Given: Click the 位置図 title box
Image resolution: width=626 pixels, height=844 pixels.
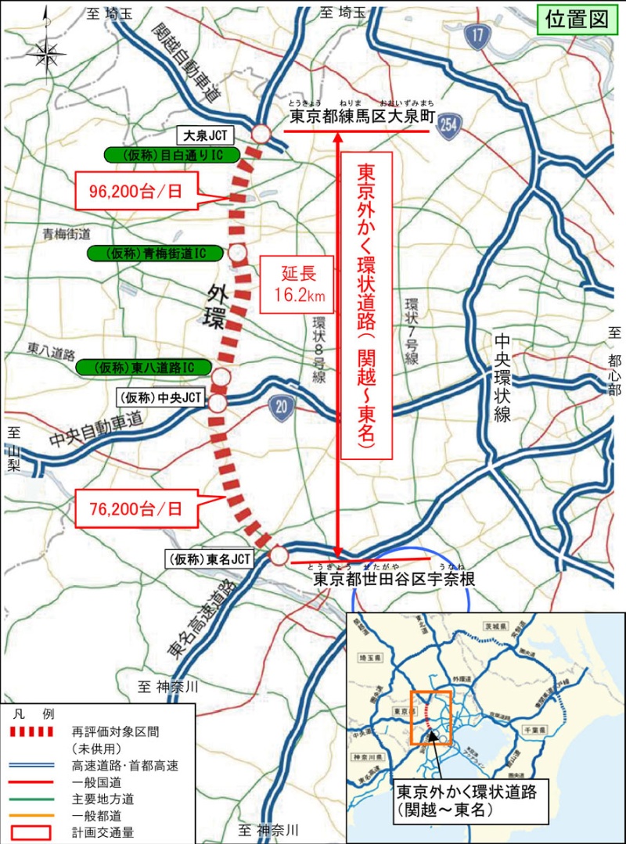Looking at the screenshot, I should [577, 20].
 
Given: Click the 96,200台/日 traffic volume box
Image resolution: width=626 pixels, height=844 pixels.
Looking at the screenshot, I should [134, 191].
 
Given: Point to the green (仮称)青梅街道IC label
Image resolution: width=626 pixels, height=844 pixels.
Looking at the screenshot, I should [152, 253].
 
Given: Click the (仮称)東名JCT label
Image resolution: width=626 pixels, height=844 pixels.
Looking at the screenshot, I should [209, 558].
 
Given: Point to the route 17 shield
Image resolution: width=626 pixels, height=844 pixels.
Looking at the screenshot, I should [477, 34].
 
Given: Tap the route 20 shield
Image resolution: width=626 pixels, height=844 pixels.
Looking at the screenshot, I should [279, 404].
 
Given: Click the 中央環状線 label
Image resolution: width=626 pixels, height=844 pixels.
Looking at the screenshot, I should [501, 379].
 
